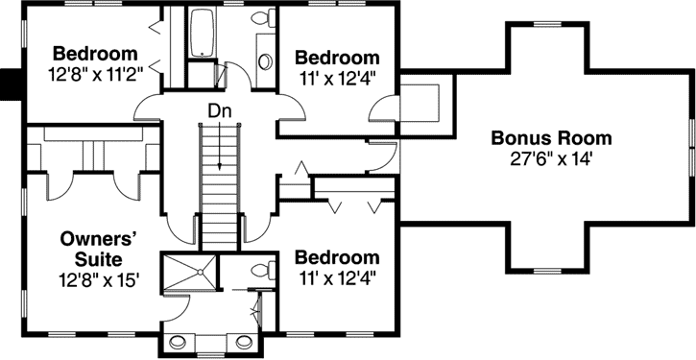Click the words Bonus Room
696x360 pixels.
click(551, 138)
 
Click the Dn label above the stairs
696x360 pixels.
click(219, 111)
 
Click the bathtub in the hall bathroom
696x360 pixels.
click(204, 35)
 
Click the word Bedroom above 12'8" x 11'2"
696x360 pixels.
click(95, 53)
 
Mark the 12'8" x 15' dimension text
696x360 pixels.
click(101, 280)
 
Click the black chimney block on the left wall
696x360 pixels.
click(11, 84)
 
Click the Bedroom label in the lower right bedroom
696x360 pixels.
click(336, 257)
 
